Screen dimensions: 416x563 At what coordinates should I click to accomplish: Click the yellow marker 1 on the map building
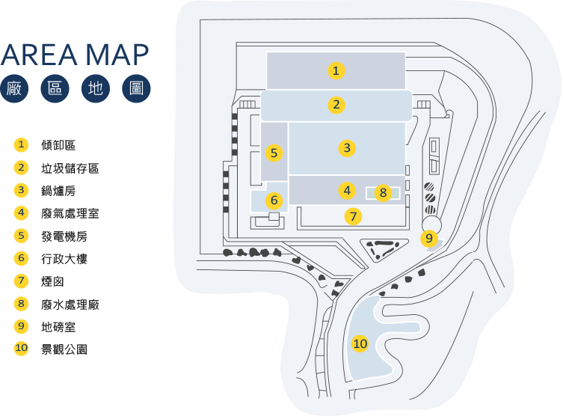coord(336,71)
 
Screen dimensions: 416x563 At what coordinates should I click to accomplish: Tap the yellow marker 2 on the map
coord(337,105)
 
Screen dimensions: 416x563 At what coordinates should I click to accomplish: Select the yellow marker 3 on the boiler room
coord(346,148)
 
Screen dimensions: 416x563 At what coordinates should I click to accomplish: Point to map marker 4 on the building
coord(346,190)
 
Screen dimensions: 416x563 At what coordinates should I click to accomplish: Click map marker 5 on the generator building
coord(274,153)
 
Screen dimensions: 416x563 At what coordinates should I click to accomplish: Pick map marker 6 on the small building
coord(274,201)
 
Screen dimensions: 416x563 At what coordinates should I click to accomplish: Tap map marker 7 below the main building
coord(354,217)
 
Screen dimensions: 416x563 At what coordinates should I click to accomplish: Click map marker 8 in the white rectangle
coord(383,193)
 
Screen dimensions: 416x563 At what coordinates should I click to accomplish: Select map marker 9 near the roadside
coord(428,239)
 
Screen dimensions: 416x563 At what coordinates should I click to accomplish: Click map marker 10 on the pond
coord(360,343)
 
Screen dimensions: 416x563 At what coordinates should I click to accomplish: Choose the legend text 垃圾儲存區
coord(70,168)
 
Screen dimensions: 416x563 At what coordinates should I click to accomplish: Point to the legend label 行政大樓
coord(64,259)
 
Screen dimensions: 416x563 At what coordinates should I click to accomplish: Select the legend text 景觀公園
coord(64,349)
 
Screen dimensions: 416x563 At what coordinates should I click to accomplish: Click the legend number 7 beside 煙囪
coord(21,281)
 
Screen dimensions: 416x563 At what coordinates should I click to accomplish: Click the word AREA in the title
coord(39,55)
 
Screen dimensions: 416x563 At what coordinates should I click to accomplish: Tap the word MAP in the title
coord(117,55)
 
